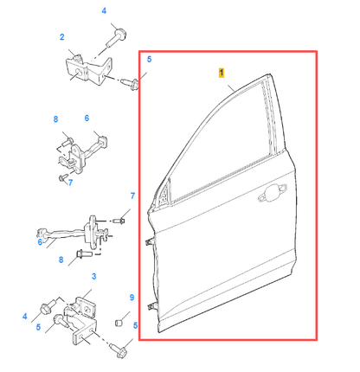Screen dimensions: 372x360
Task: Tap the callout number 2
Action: click(61, 37)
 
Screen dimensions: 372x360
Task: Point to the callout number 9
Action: click(132, 297)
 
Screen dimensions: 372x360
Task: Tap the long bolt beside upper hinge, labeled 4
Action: click(117, 37)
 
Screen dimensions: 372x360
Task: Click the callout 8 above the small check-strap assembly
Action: click(55, 119)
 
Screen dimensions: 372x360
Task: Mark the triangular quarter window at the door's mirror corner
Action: click(162, 198)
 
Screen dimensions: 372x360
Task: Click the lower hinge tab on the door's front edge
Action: click(151, 308)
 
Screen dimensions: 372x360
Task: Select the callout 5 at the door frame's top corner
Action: click(148, 59)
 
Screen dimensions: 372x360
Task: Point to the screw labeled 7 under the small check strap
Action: click(62, 176)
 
